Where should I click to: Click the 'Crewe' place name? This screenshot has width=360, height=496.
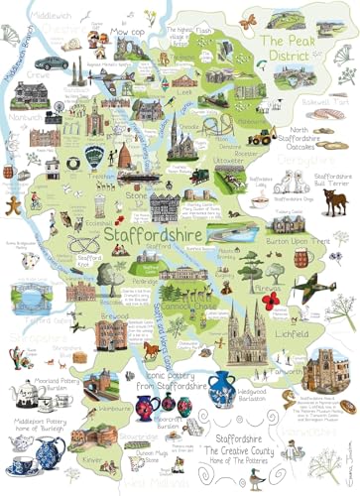[43, 74]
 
